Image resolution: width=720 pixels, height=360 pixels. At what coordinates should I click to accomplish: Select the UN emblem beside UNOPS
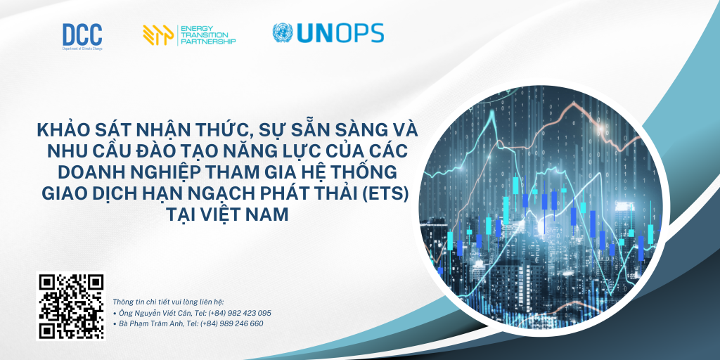(283, 33)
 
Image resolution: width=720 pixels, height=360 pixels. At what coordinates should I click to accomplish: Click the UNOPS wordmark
(340, 33)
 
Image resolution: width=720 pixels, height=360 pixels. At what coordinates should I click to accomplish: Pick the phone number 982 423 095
(246, 313)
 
